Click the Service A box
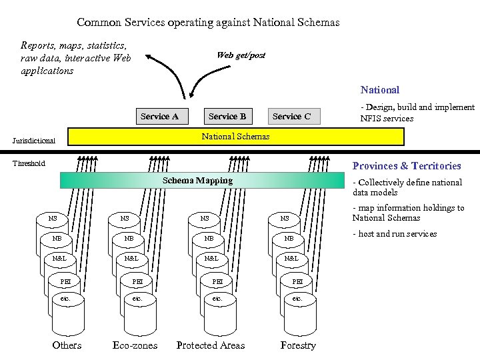[x=160, y=116]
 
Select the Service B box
[x=227, y=116]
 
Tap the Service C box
[x=291, y=116]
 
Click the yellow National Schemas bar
[x=236, y=137]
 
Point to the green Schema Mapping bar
[x=198, y=181]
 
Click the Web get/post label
[x=241, y=55]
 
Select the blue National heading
[x=380, y=90]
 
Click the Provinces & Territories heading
[x=407, y=166]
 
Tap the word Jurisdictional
[x=34, y=141]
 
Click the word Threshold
[x=29, y=163]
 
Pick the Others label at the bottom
[x=67, y=345]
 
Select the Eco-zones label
[x=135, y=345]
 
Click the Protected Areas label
[x=211, y=345]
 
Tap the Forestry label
[x=298, y=345]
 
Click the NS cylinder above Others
[x=53, y=219]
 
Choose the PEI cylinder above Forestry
[x=297, y=282]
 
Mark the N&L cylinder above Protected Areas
[x=211, y=259]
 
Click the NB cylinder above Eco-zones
[x=129, y=239]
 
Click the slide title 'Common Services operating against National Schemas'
[x=208, y=23]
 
